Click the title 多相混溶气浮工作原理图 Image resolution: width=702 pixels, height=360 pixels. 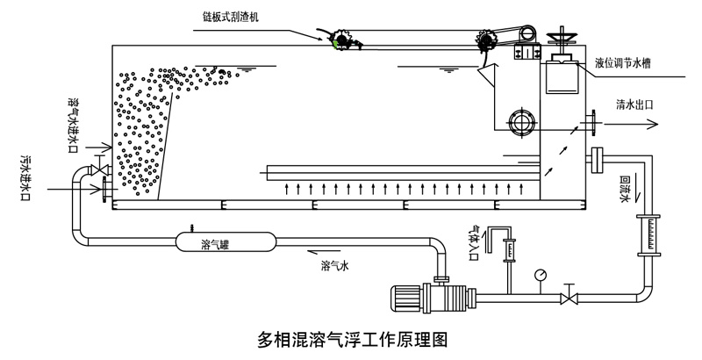click(354, 338)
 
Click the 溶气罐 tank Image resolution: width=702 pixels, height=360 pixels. click(227, 242)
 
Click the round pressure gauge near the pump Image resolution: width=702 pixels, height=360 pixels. click(540, 274)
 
